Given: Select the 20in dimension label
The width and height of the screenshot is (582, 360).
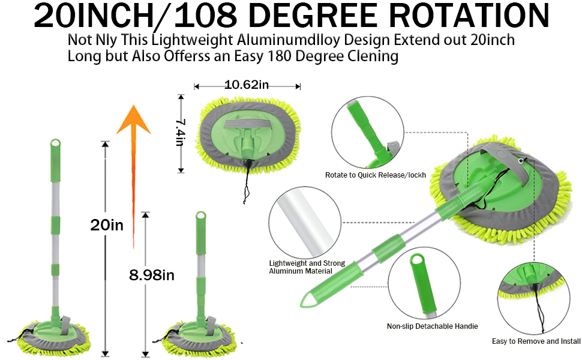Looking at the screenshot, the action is (x=107, y=225).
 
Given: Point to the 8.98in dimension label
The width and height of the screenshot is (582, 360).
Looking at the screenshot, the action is (x=152, y=275).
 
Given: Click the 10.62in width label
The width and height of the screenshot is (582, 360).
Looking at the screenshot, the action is (x=247, y=85).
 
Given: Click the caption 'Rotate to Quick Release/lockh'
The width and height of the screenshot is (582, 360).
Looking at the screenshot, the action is (x=376, y=175).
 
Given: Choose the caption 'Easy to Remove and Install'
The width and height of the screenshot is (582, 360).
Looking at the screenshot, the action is (x=536, y=341).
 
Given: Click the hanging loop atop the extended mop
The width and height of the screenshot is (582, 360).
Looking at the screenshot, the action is (x=55, y=144).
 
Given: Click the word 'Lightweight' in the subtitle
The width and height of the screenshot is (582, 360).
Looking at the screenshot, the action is (x=173, y=41).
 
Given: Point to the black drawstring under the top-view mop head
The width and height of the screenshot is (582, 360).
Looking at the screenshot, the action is (x=247, y=183).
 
